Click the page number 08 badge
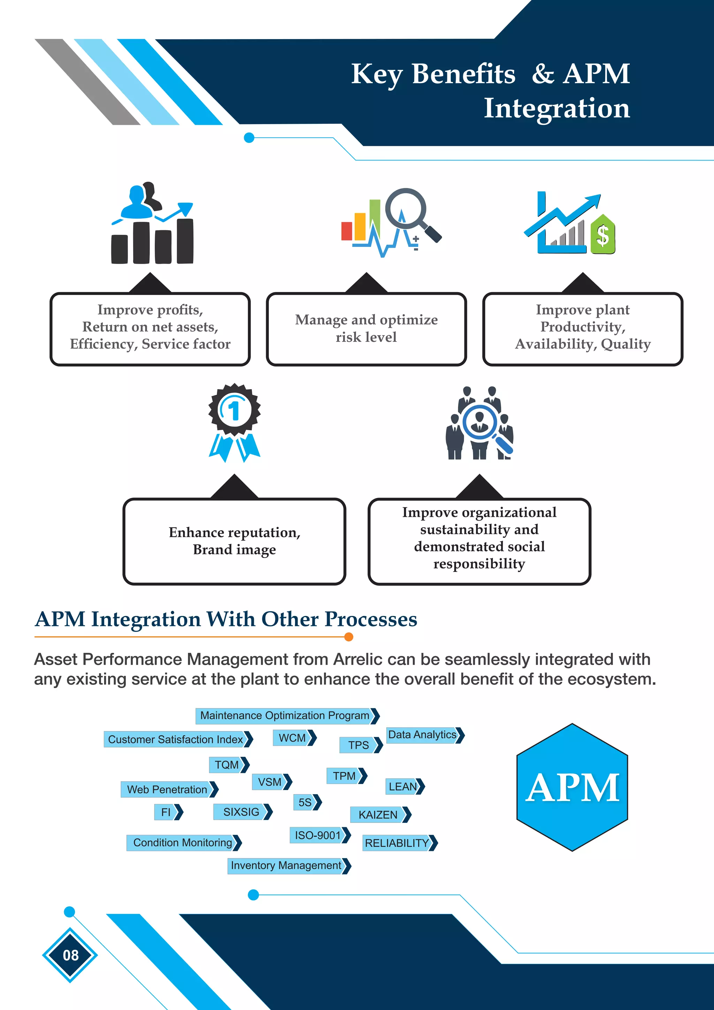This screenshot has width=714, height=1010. (x=70, y=955)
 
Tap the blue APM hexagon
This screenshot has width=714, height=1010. (x=572, y=787)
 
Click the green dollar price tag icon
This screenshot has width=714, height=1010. (x=603, y=235)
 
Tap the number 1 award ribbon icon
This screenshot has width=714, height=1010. (x=234, y=422)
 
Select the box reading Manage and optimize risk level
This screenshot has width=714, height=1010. (x=366, y=329)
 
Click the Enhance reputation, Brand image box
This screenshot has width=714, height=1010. (x=234, y=541)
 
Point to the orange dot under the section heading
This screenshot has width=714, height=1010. (x=349, y=636)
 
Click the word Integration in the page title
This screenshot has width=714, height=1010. (x=557, y=108)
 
